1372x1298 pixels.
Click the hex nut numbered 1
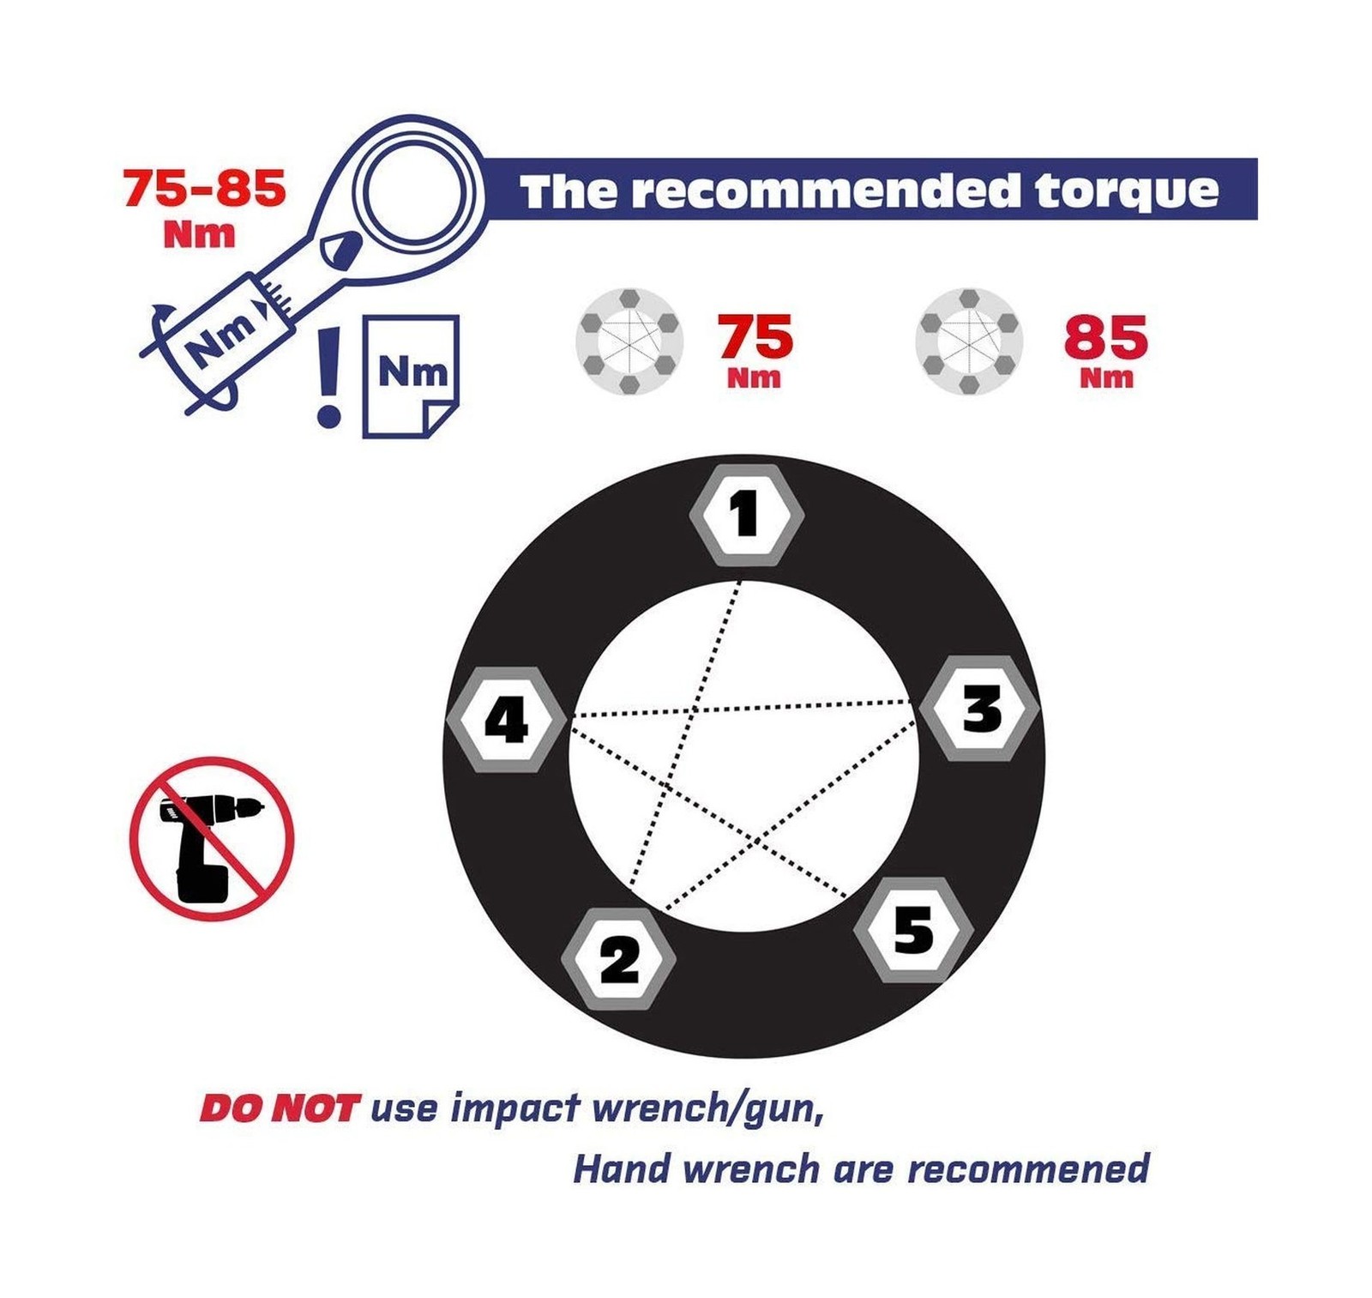pyautogui.click(x=746, y=515)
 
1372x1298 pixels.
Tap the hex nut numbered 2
pyautogui.click(x=618, y=958)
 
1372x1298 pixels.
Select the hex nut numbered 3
pyautogui.click(x=979, y=709)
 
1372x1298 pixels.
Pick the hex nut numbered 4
pyautogui.click(x=508, y=719)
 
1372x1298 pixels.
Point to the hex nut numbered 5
pyautogui.click(x=914, y=929)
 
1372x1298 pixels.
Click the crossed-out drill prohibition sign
pyautogui.click(x=212, y=838)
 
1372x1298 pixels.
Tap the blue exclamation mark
pyautogui.click(x=328, y=377)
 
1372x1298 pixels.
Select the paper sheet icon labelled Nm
pyautogui.click(x=411, y=377)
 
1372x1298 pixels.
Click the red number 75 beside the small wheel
pyautogui.click(x=755, y=336)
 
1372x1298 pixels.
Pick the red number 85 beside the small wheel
pyautogui.click(x=1105, y=337)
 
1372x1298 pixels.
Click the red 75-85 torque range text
pyautogui.click(x=204, y=188)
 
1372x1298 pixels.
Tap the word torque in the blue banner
pyautogui.click(x=1126, y=191)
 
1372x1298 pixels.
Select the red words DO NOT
pyautogui.click(x=277, y=1108)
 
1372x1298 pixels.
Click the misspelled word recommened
pyautogui.click(x=1028, y=1169)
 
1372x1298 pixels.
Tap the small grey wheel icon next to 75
pyautogui.click(x=629, y=341)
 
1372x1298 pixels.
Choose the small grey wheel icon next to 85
pyautogui.click(x=969, y=341)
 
